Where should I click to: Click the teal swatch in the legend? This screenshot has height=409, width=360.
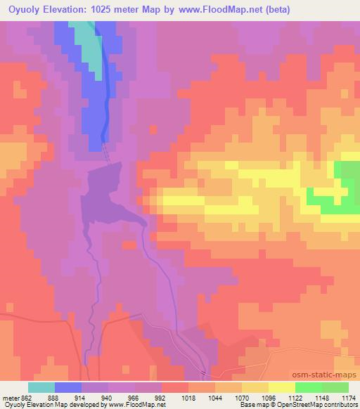click(x=41, y=387)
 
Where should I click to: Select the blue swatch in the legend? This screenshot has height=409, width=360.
click(x=69, y=387)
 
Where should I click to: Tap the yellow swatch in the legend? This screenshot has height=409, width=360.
click(x=281, y=387)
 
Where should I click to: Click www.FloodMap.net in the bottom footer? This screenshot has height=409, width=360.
click(x=142, y=405)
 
